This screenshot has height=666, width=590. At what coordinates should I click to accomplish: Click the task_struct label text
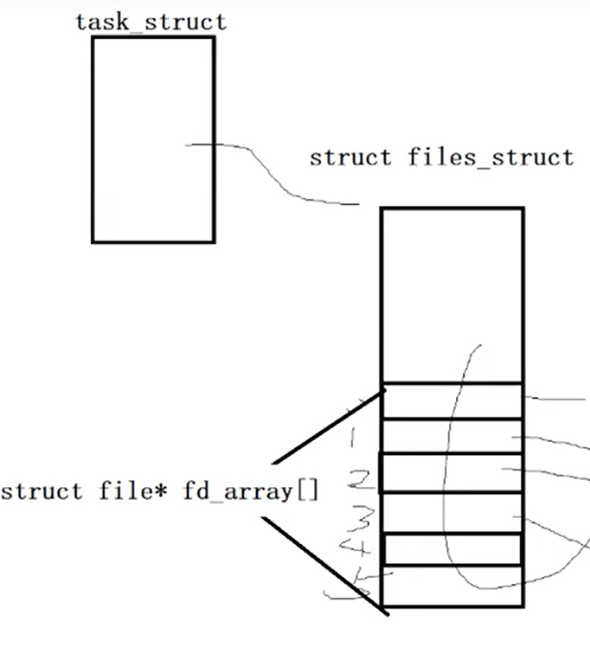pyautogui.click(x=151, y=21)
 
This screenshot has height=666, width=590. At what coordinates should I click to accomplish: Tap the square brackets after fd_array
pyautogui.click(x=308, y=492)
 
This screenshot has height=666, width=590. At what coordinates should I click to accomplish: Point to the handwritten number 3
pyautogui.click(x=364, y=520)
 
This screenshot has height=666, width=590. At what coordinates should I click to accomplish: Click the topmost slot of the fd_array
pyautogui.click(x=452, y=400)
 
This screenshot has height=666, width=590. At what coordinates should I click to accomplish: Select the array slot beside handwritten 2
pyautogui.click(x=452, y=472)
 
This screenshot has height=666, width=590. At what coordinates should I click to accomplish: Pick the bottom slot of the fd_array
pyautogui.click(x=452, y=586)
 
